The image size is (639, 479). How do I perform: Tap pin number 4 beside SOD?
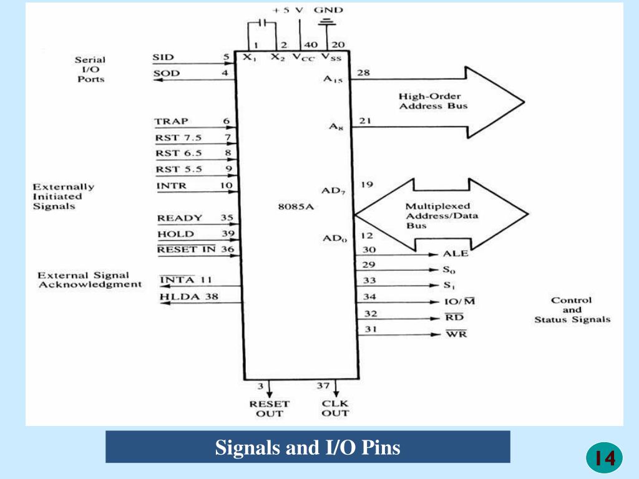tap(225, 73)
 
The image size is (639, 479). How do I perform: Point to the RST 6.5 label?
tap(175, 153)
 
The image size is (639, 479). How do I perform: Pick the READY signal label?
tap(180, 218)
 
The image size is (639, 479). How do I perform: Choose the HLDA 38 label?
tap(189, 297)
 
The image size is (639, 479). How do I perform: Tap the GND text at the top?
tap(328, 10)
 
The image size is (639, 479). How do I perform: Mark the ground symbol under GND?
tap(326, 23)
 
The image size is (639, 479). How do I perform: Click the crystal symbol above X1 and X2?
tap(262, 23)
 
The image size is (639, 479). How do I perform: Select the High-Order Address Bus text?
tap(433, 101)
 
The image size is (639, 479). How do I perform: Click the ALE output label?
tap(455, 254)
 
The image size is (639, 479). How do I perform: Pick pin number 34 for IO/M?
tap(370, 297)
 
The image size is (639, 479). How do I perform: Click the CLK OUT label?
tap(335, 408)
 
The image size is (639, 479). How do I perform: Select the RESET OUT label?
tap(270, 408)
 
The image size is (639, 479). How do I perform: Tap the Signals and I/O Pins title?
tap(308, 447)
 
